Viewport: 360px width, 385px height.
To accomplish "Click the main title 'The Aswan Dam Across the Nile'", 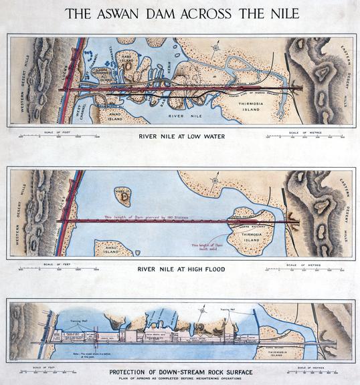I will click(181, 13).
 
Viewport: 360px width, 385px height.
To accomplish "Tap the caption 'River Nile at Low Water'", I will click(181, 137).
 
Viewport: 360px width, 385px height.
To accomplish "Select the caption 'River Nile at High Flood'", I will click(181, 270).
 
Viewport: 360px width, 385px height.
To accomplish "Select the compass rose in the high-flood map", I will click(214, 180).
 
